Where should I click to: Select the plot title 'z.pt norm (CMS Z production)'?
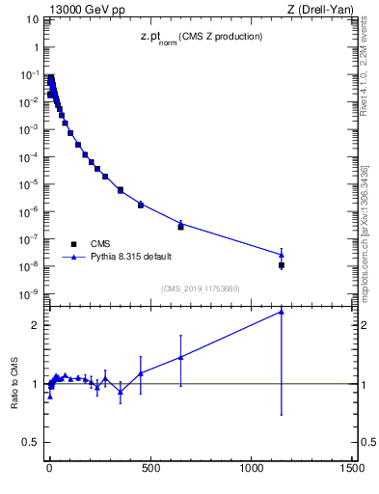click(200, 37)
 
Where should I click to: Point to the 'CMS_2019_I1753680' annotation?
click(200, 288)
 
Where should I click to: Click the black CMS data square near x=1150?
click(282, 264)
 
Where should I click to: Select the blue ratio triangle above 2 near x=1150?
click(282, 312)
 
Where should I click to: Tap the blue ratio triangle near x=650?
click(180, 357)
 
